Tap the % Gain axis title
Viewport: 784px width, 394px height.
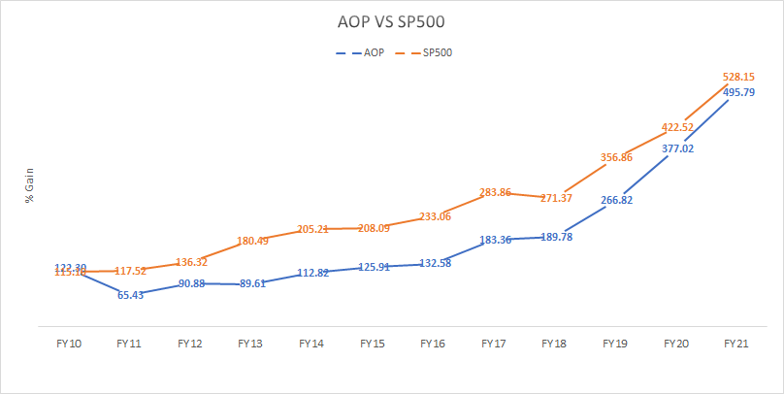coord(30,184)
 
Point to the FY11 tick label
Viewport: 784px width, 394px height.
coord(130,344)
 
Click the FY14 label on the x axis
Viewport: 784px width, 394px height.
coord(312,344)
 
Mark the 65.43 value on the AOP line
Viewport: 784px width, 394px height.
coord(130,294)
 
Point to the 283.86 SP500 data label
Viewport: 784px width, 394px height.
coord(495,193)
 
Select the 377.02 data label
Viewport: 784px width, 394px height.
coord(677,149)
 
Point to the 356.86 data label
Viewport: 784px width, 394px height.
coord(616,157)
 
